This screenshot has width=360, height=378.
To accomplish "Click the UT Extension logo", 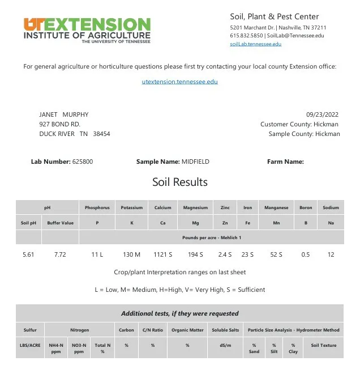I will (87, 30).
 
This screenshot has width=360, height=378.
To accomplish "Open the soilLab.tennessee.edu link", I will (255, 44).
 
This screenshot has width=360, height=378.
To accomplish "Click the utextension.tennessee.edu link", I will (179, 82).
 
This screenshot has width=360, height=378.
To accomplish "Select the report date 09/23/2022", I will (323, 114).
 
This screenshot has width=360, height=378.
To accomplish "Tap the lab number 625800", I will (83, 162).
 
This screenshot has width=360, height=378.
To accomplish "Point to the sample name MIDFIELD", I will (195, 162).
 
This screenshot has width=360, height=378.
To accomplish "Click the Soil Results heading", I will (180, 182).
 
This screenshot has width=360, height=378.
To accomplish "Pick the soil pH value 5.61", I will (28, 254).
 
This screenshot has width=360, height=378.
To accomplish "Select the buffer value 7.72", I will (60, 254).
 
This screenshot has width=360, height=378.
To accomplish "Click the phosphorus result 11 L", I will (97, 254).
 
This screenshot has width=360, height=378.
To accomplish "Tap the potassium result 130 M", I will (131, 254).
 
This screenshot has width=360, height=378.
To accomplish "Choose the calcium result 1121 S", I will (162, 254).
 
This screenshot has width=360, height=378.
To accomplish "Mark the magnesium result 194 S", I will (195, 254).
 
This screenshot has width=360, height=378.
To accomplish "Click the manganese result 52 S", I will (276, 254).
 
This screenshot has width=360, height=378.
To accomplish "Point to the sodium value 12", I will (331, 254).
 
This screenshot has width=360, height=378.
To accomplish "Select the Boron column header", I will (306, 208).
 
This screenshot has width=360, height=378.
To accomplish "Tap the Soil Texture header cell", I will (323, 345).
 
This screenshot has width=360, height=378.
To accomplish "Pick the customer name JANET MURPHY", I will (63, 114).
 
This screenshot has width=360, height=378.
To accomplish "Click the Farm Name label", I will (285, 162).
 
